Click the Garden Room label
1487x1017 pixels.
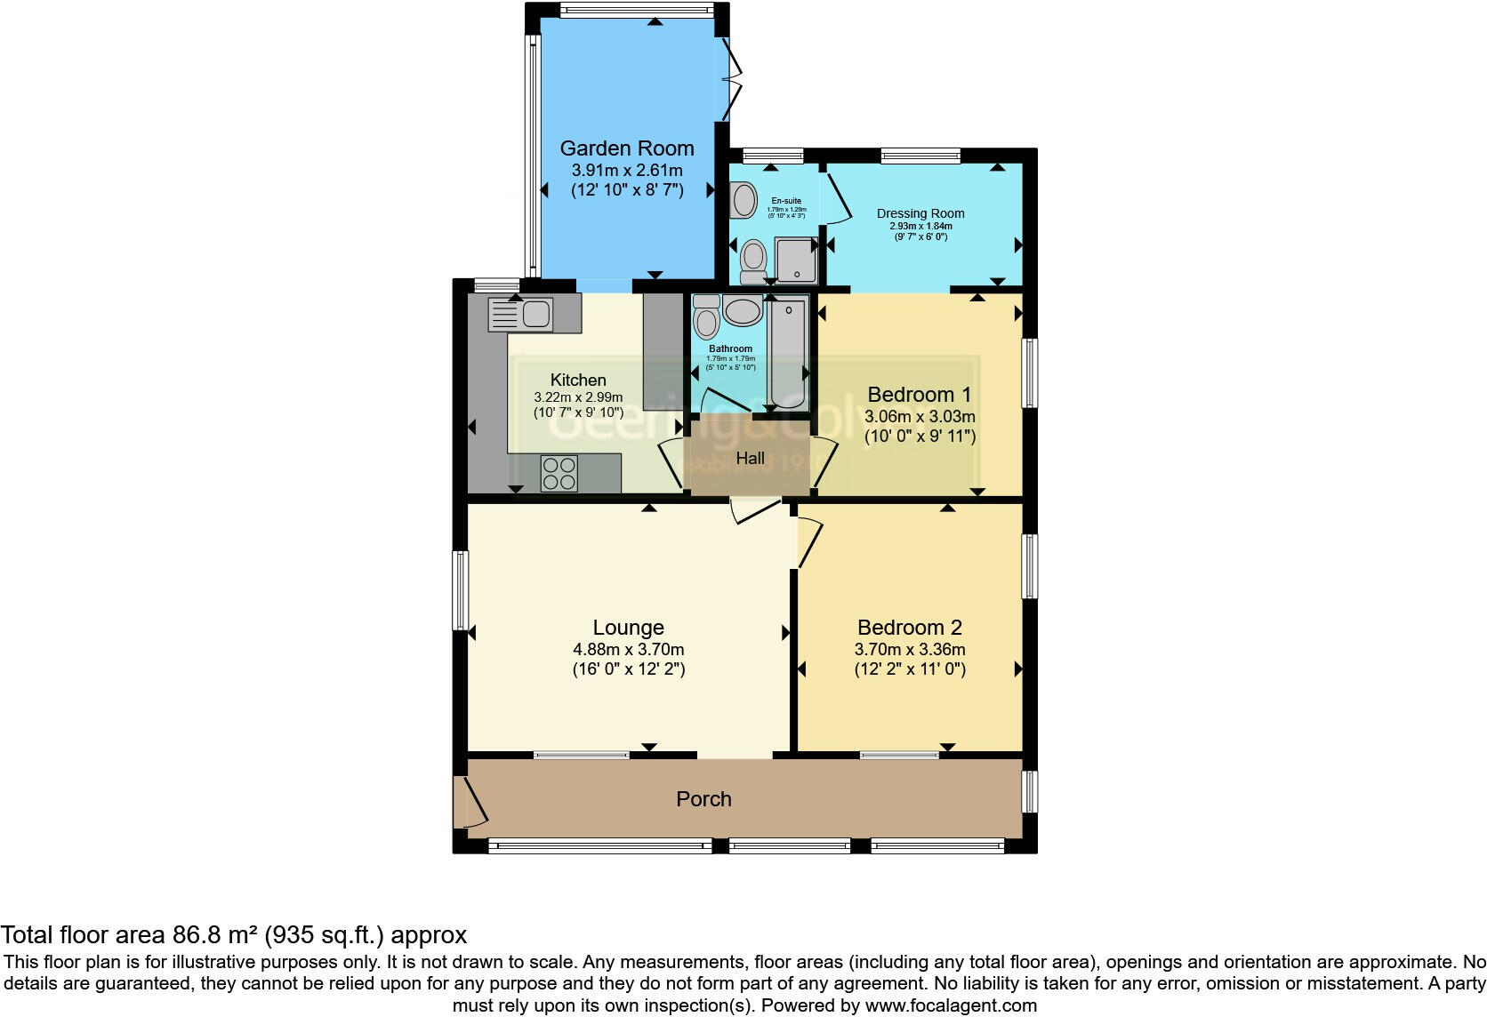(x=626, y=148)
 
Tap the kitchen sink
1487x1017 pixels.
(x=521, y=314)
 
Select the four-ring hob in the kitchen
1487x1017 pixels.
(x=559, y=473)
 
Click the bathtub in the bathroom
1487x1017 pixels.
(x=788, y=353)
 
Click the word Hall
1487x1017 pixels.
(x=750, y=459)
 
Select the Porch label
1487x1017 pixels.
(x=703, y=799)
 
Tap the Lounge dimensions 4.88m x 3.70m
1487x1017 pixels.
(x=628, y=650)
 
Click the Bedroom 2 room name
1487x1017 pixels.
(x=909, y=628)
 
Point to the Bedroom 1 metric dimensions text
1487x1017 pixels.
(x=920, y=416)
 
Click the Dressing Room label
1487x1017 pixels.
(x=920, y=213)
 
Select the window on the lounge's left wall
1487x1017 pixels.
(x=461, y=591)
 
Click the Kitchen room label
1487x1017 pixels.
(x=577, y=380)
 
